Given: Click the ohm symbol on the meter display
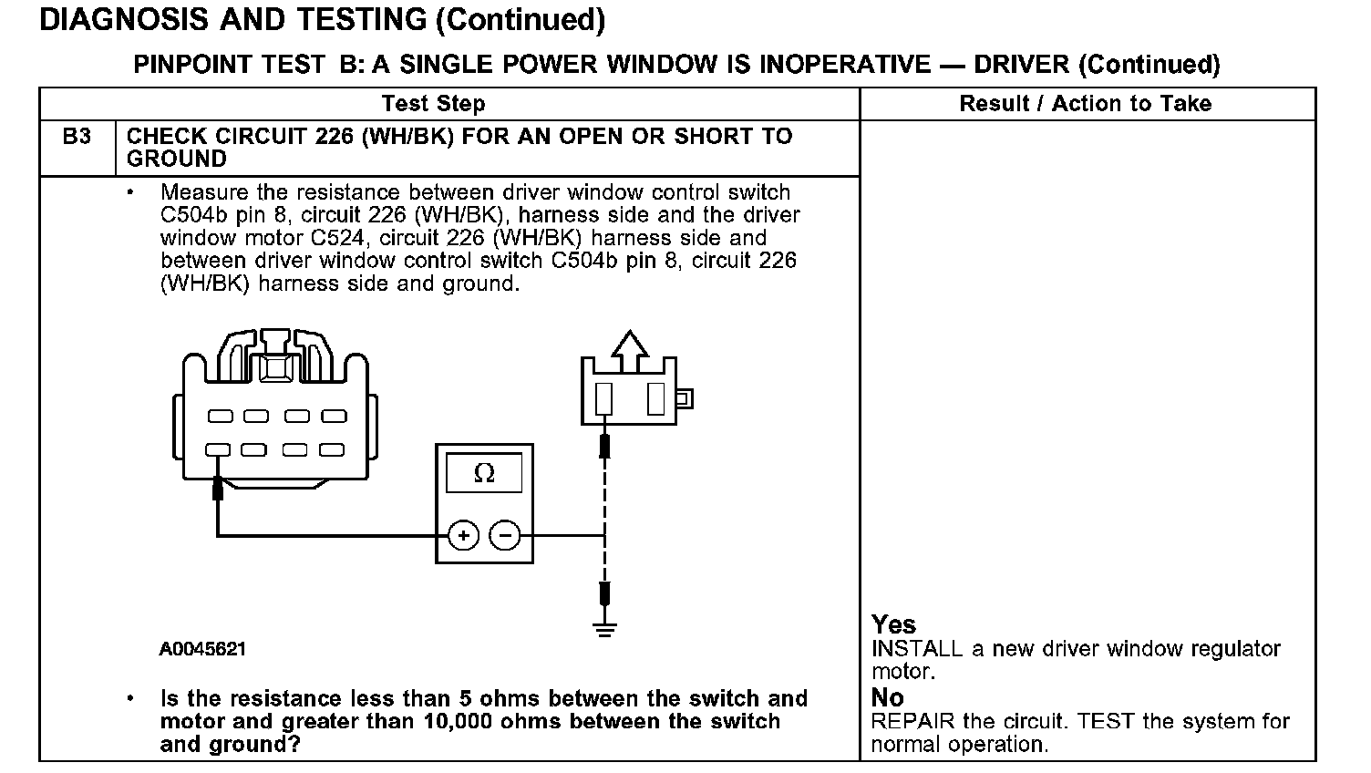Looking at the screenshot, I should tap(484, 473).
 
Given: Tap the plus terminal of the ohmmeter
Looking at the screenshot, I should tap(463, 535).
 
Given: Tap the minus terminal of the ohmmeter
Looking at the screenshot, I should tap(506, 535).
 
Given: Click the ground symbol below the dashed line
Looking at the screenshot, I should tap(603, 627).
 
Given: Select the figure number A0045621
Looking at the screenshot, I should tap(202, 649).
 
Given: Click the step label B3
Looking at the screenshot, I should tap(77, 137).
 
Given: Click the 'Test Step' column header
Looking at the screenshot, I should tap(433, 104).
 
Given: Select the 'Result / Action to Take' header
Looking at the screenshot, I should tap(1085, 104).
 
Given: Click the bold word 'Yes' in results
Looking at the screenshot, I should tap(893, 624).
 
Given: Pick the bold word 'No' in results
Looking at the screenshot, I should tap(887, 697).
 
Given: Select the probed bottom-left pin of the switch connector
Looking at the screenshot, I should tap(218, 449).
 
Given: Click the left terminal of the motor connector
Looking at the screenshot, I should tap(603, 399).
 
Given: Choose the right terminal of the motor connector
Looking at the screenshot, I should tap(655, 399).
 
